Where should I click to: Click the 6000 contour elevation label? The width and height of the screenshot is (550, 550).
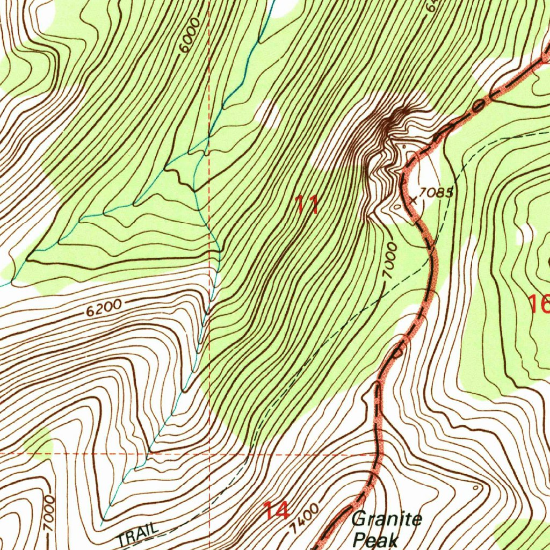point(190,35)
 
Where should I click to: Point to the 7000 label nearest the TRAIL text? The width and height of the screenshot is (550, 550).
point(49,514)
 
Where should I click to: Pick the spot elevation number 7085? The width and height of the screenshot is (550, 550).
point(437,192)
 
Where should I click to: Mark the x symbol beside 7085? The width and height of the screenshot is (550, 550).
point(413,200)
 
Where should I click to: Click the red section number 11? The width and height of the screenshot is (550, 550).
point(308,205)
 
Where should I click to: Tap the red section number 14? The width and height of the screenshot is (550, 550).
point(276,511)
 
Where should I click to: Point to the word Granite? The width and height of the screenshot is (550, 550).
point(387,520)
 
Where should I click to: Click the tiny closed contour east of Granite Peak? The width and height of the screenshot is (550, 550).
point(476,488)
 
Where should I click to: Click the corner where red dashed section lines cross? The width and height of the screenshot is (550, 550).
point(209,453)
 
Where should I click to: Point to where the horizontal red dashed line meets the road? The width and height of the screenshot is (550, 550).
point(375,454)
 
